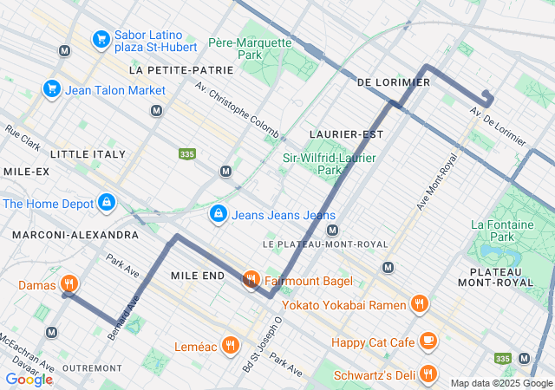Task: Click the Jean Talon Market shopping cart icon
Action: pos(51,89)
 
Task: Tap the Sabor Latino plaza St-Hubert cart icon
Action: pos(101,39)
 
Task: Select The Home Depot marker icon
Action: pos(106,204)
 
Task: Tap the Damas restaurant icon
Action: pos(69,284)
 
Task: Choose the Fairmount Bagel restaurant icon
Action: pos(251,280)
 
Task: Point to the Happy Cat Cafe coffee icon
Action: pos(428,341)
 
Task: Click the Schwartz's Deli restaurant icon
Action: pos(428,374)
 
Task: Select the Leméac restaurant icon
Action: pos(230,345)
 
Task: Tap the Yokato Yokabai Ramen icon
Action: pos(419,304)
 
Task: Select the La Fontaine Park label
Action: pos(500,230)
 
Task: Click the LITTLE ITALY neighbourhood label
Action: pos(88,153)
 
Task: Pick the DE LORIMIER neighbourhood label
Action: pos(393,82)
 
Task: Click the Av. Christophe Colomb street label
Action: pos(236,111)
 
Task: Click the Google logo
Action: pos(29,379)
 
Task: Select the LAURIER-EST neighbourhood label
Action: pos(346,134)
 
